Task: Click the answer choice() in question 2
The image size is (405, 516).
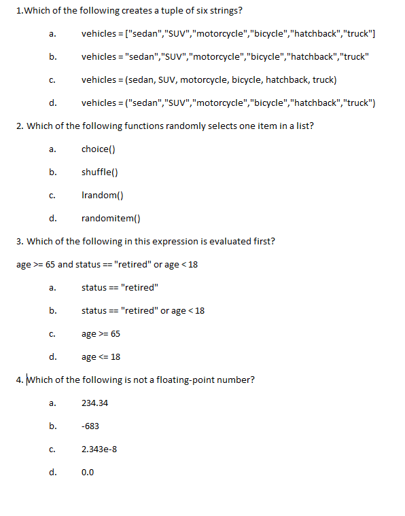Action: click(99, 149)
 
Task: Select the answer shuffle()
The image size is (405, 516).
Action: click(101, 172)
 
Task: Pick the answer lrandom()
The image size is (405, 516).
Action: click(102, 196)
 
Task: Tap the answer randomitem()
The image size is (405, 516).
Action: click(111, 219)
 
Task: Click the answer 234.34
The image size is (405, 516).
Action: click(94, 403)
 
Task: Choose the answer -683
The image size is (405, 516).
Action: click(90, 426)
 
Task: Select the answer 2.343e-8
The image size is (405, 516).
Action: click(99, 449)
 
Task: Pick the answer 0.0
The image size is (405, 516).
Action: click(88, 473)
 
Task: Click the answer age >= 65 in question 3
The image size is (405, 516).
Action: click(101, 334)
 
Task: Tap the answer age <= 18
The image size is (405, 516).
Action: click(101, 357)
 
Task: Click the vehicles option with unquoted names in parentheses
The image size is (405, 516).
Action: click(209, 80)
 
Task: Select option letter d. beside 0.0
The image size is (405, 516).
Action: click(52, 473)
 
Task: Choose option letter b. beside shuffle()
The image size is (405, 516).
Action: click(52, 172)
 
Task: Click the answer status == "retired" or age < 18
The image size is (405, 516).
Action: click(143, 311)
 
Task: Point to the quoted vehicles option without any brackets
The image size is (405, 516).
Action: click(225, 57)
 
